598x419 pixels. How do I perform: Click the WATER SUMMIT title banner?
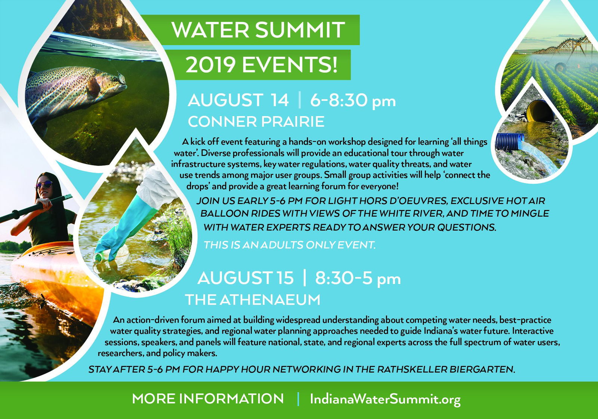258,30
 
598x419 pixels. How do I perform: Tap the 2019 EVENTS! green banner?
261,65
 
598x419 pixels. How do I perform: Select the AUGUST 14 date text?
238,100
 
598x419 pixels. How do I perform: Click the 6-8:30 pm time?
352,100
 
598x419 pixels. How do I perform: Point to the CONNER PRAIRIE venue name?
256,122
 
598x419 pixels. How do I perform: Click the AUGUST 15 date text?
246,278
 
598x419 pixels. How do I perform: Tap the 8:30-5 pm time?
358,278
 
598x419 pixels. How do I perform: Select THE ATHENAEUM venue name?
253,299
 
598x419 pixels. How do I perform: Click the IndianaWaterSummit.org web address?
385,399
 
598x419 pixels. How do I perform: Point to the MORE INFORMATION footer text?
208,399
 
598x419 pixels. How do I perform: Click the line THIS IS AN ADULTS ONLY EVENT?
289,245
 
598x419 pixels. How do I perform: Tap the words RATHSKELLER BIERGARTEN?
446,369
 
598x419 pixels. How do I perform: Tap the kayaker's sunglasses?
44,184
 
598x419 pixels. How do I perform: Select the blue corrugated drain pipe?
509,142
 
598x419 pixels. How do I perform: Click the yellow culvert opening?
540,111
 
